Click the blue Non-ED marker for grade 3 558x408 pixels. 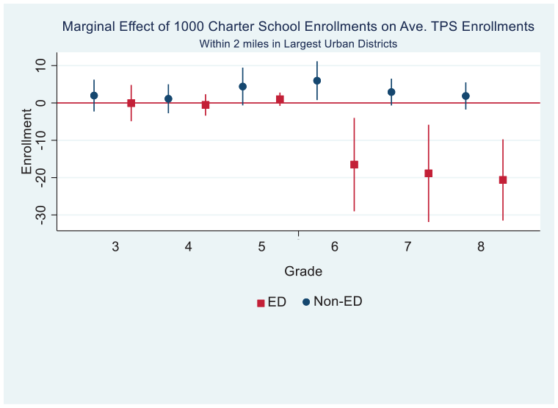click(94, 96)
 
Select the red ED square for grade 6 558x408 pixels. click(354, 165)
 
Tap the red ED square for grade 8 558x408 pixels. click(503, 180)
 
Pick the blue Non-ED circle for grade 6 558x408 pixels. click(317, 81)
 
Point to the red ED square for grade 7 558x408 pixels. click(429, 173)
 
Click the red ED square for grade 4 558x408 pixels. click(206, 105)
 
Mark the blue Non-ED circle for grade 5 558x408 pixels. click(243, 87)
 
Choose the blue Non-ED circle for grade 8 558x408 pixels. click(465, 96)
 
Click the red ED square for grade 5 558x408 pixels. click(280, 99)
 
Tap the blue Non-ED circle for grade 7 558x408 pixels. click(391, 92)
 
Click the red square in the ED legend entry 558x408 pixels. click(261, 303)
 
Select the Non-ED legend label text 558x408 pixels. click(338, 301)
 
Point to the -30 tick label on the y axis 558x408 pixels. click(40, 215)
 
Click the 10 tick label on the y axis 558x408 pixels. click(40, 65)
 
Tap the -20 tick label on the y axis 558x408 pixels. click(40, 177)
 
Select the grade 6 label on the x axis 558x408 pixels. click(335, 246)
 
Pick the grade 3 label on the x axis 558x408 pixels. click(115, 246)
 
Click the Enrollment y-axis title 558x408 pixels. click(26, 141)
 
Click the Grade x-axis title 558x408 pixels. click(303, 271)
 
